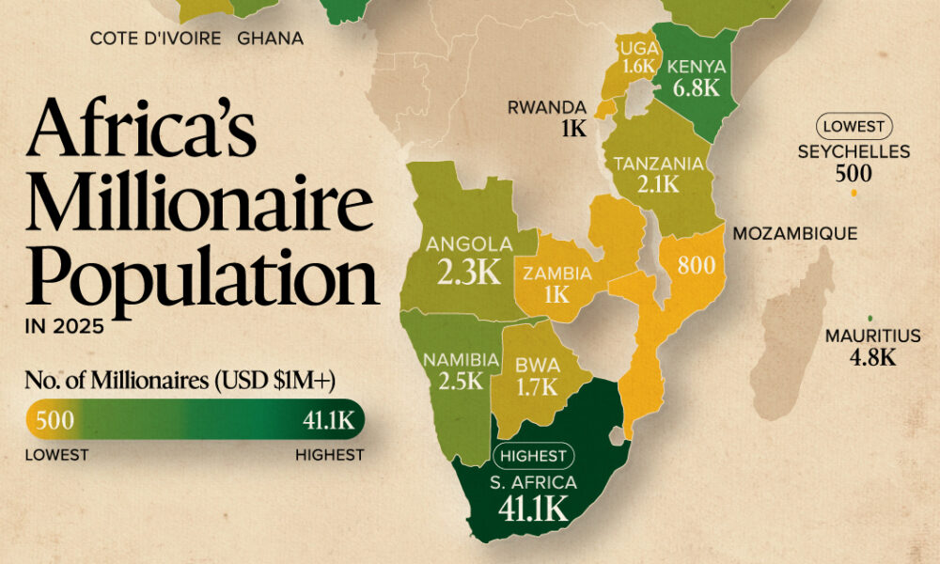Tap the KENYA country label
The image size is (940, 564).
697,67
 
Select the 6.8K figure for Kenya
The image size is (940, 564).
697,89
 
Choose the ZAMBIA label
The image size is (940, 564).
558,274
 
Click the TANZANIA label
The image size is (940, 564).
658,164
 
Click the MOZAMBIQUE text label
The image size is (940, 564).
795,233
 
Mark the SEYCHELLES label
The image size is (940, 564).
854,151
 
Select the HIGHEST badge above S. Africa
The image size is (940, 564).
532,457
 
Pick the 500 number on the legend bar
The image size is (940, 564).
55,419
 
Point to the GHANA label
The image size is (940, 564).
270,39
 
